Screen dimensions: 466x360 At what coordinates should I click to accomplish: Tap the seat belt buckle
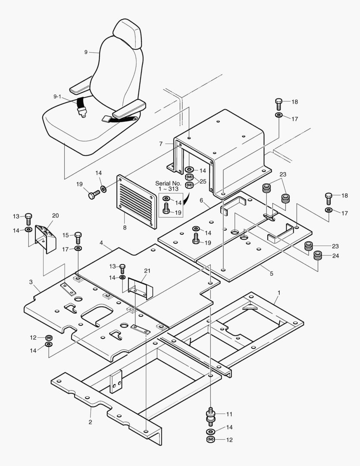point(81,112)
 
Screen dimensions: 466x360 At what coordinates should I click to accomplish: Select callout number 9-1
point(57,97)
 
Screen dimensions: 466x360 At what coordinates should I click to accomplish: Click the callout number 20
point(55,216)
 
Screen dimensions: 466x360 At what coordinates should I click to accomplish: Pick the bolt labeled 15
point(78,237)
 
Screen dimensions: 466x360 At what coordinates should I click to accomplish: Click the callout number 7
point(161,143)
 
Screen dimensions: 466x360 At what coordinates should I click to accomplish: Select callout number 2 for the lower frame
point(90,422)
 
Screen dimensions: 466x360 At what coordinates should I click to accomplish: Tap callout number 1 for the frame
point(279,293)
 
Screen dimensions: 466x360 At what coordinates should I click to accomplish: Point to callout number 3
point(31,282)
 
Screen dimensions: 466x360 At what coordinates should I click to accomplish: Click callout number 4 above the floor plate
point(101,243)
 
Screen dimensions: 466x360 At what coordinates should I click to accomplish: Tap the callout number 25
point(203,181)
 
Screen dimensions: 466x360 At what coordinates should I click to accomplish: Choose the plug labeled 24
point(318,255)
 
